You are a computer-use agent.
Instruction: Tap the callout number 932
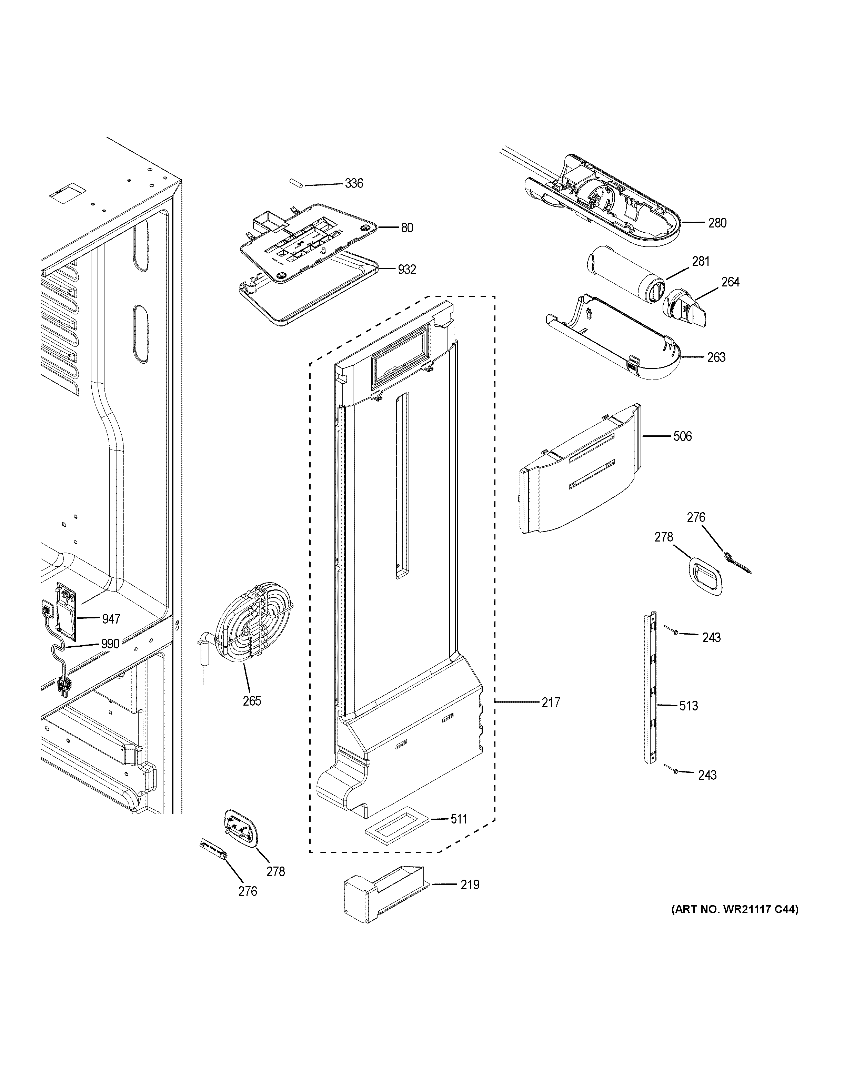click(x=406, y=270)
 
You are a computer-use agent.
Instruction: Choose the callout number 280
click(x=717, y=223)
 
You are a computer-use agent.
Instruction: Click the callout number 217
click(x=551, y=702)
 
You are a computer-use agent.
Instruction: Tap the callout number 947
click(x=111, y=619)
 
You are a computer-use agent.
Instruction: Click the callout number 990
click(x=110, y=644)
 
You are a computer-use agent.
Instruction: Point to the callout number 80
click(x=407, y=228)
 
